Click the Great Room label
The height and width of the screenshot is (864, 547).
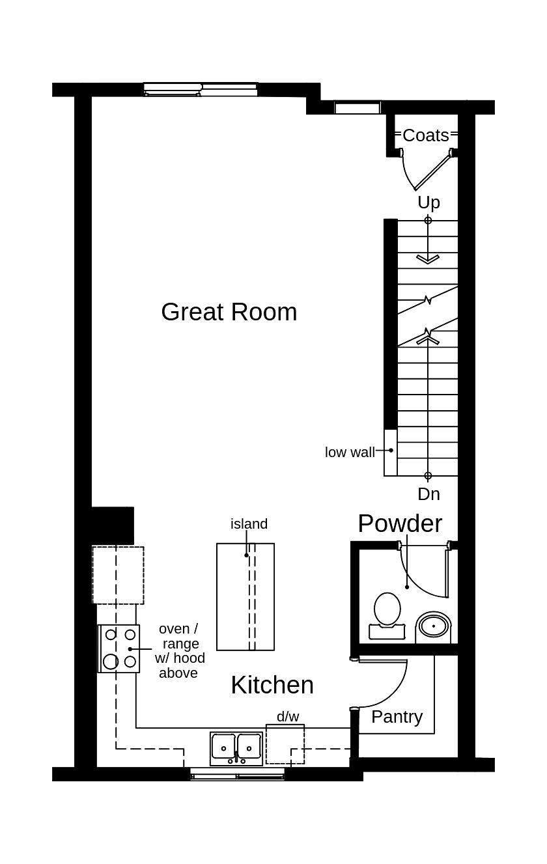click(x=229, y=312)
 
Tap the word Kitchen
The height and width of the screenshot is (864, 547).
click(x=272, y=685)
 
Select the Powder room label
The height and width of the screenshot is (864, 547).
click(x=400, y=523)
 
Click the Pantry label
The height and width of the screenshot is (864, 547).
click(x=397, y=717)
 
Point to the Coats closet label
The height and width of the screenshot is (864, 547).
click(x=426, y=135)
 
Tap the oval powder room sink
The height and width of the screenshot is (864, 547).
click(x=433, y=626)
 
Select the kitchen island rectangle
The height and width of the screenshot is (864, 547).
click(x=245, y=596)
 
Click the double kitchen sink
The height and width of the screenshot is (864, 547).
click(x=236, y=747)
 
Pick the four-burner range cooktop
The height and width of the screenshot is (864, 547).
click(x=119, y=648)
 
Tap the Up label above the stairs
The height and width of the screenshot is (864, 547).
click(x=428, y=202)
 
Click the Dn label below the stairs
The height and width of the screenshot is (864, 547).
click(x=428, y=494)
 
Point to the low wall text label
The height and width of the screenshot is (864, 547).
click(x=350, y=453)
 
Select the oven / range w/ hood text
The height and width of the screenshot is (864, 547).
click(x=179, y=651)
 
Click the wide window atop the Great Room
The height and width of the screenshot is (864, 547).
click(x=201, y=89)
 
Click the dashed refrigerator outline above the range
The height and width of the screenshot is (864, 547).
click(x=118, y=575)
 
